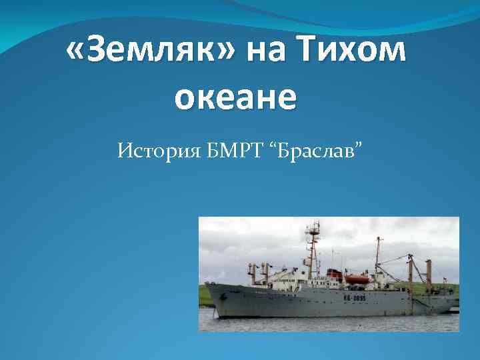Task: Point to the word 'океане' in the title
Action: click(x=235, y=97)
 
